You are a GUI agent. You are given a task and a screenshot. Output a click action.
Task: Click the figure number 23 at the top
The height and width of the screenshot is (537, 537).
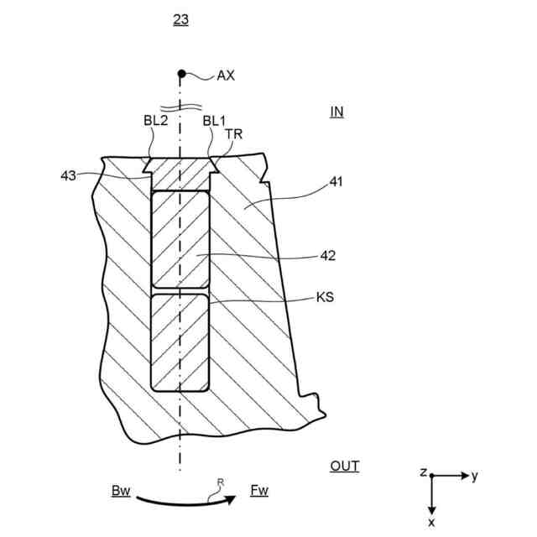[180, 19]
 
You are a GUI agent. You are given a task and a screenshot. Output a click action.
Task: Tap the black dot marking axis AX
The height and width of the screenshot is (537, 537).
[180, 74]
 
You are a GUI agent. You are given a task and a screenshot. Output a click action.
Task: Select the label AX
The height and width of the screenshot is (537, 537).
[226, 76]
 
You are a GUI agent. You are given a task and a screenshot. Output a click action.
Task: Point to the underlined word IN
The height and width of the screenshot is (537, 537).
[336, 111]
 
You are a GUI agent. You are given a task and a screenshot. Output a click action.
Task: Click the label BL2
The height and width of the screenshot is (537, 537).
[155, 121]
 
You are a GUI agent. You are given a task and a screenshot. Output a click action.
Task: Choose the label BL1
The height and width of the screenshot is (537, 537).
[214, 121]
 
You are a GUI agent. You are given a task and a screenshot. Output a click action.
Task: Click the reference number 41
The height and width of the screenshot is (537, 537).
[336, 180]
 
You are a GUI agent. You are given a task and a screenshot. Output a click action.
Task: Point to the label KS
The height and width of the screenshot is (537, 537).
[326, 296]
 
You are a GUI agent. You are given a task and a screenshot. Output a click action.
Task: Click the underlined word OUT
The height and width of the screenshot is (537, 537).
[344, 466]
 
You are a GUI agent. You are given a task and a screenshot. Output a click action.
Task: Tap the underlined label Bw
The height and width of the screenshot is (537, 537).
[121, 490]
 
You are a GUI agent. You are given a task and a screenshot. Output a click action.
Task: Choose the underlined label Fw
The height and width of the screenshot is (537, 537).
[258, 490]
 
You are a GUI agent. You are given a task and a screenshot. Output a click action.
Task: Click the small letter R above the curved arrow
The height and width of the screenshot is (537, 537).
[220, 482]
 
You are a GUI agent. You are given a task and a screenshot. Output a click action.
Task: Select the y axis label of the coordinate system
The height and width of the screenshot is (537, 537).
[474, 476]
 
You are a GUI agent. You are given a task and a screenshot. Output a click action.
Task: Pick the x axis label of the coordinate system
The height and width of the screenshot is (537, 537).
[431, 522]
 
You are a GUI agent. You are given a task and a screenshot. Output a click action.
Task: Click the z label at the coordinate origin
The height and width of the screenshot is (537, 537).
[424, 472]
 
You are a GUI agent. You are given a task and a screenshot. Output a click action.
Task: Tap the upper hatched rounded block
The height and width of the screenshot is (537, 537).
[180, 239]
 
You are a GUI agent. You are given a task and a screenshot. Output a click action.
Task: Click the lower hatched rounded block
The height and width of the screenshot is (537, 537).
[180, 341]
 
